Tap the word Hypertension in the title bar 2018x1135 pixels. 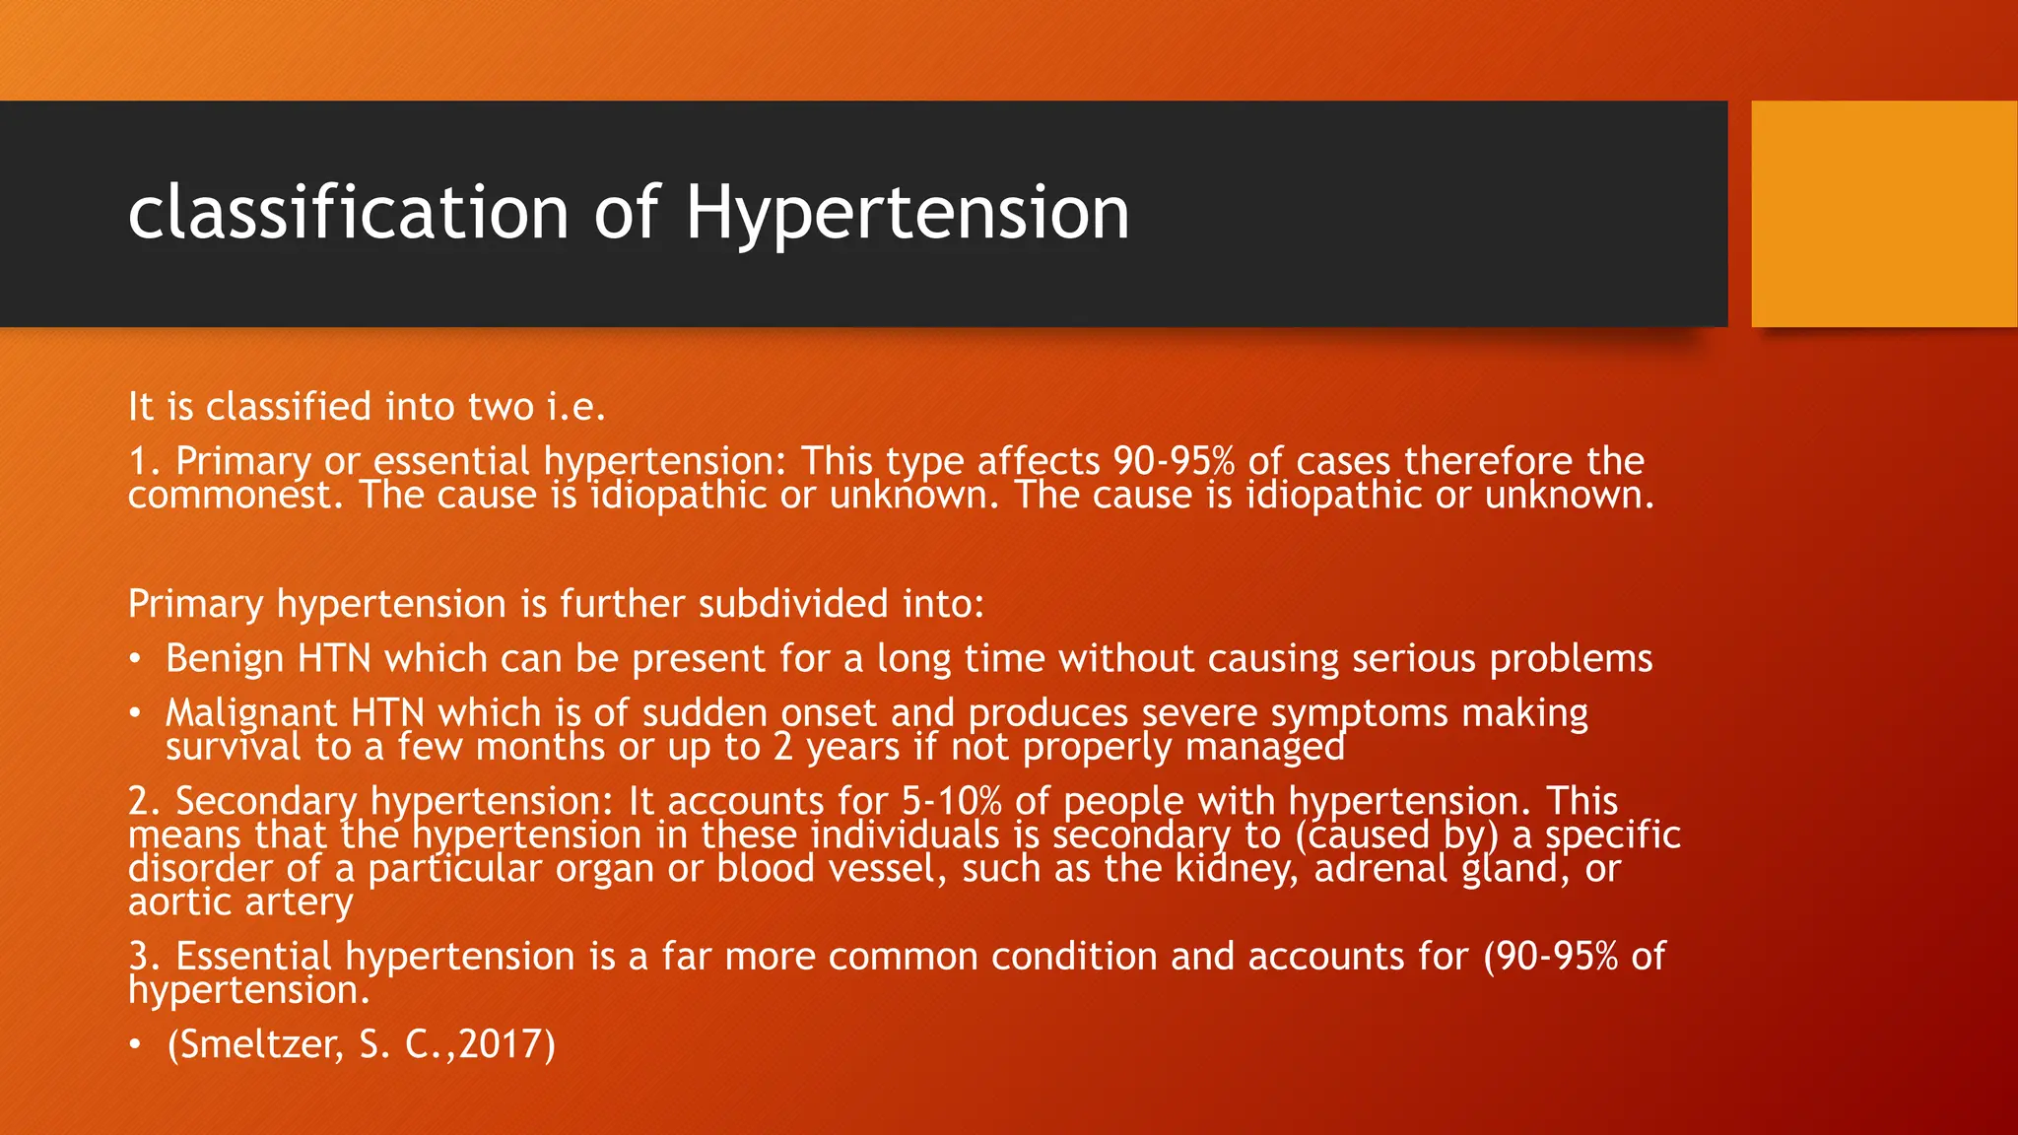907,213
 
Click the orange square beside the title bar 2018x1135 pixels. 1884,214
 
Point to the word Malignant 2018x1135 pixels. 251,713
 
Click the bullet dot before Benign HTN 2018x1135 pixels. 135,659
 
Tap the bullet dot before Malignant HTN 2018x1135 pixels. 135,713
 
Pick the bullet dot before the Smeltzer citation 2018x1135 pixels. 135,1044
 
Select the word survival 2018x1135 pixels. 234,747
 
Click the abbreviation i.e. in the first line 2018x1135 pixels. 576,407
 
